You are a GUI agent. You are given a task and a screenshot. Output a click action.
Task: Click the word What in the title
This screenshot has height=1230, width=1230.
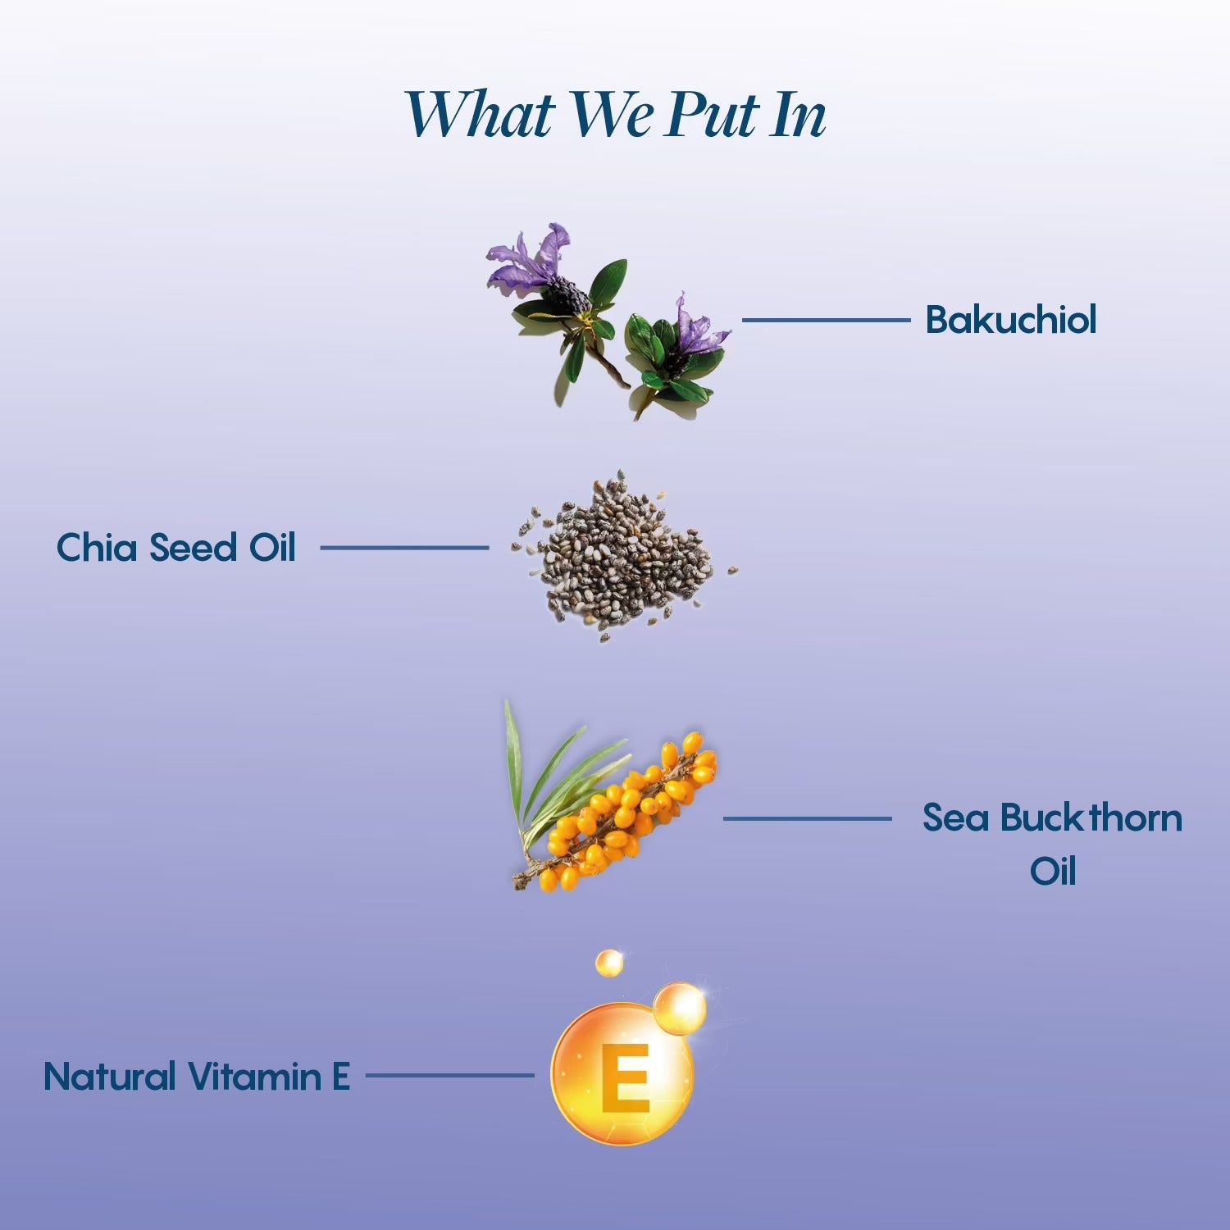click(x=481, y=114)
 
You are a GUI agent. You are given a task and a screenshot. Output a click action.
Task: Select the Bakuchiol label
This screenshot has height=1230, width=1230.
click(x=1010, y=319)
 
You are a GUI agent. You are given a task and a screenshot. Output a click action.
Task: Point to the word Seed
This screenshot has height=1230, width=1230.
click(x=193, y=547)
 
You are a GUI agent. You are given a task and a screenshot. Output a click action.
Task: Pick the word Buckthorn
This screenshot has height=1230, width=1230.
click(x=1091, y=818)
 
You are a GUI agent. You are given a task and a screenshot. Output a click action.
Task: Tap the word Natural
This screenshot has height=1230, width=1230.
click(x=110, y=1076)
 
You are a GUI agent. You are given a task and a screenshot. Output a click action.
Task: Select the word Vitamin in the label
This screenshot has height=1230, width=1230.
click(x=253, y=1076)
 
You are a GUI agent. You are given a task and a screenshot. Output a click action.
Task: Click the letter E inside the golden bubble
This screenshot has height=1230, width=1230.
click(x=626, y=1078)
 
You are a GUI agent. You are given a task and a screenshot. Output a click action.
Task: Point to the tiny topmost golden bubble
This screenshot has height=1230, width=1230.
click(x=609, y=963)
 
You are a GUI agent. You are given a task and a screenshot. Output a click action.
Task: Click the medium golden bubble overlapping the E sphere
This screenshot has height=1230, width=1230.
click(x=680, y=1008)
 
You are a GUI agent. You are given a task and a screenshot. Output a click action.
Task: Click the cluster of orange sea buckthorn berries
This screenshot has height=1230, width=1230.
click(x=630, y=812)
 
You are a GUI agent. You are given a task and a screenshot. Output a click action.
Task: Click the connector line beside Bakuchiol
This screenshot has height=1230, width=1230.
click(x=826, y=320)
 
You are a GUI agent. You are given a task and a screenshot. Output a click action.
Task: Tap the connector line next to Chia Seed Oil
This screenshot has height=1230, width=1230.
click(x=404, y=548)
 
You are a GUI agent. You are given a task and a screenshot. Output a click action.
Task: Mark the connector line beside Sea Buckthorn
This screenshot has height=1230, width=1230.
click(x=807, y=818)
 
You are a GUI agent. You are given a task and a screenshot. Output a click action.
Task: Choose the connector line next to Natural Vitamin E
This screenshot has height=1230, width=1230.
click(x=449, y=1076)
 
